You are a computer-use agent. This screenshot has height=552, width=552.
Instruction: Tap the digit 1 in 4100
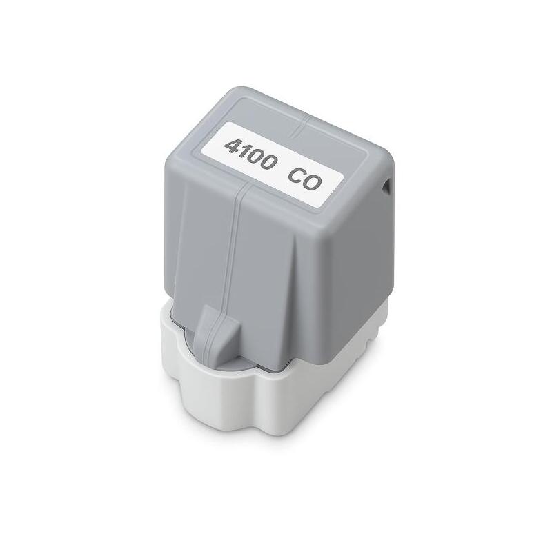coord(245,150)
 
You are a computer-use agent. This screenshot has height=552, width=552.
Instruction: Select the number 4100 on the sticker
coord(253,153)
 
